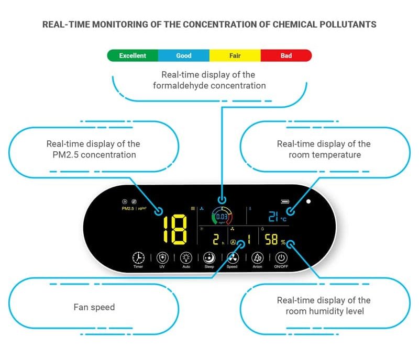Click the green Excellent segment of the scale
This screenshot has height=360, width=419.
133,55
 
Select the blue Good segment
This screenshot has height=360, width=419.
183,55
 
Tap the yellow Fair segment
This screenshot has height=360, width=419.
235,55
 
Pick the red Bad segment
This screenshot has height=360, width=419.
286,55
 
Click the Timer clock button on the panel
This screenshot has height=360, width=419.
138,258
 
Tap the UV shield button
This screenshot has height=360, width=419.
162,258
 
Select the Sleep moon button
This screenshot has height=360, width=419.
209,258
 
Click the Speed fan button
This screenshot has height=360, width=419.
232,258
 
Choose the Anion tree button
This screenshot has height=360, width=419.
257,258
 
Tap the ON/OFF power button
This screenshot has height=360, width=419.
281,258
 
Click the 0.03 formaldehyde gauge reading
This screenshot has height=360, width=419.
222,217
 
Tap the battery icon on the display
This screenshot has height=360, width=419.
286,201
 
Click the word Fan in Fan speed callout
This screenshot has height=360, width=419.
81,307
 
